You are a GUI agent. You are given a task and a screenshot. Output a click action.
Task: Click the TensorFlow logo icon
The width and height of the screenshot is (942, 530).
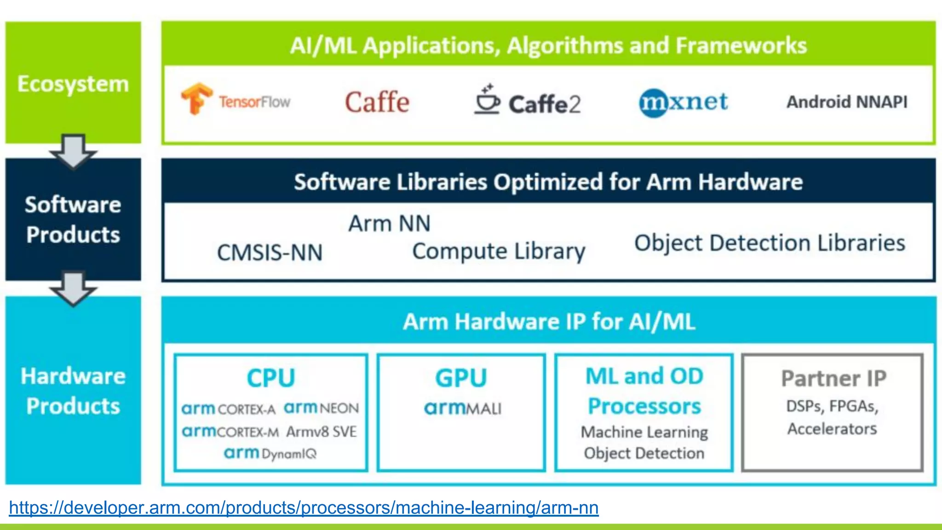coord(196,98)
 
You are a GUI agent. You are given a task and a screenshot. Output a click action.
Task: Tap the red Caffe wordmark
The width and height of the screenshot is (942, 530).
coord(377,102)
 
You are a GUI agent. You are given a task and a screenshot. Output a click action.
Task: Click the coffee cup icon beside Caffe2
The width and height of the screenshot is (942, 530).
coord(487,99)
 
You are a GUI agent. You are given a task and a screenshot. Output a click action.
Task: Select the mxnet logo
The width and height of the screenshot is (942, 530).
coord(684,102)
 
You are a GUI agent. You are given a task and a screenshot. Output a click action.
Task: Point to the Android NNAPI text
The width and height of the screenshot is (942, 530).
coord(847,102)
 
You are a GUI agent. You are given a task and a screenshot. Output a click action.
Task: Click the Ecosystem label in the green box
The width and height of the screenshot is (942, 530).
coord(73,84)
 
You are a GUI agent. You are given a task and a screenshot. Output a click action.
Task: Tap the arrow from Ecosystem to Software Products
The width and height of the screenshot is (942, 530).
coord(73,151)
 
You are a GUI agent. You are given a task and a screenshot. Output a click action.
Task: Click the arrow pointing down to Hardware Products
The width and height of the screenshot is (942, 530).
coord(73,288)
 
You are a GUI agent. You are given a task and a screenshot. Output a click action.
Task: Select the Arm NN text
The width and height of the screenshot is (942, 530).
coord(389,224)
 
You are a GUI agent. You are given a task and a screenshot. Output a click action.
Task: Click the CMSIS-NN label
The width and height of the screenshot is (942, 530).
coord(270,253)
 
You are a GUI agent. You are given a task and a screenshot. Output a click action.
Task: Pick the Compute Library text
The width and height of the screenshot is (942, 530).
coord(499,251)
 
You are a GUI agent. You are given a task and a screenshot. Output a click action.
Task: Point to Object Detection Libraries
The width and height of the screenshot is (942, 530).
coord(770,243)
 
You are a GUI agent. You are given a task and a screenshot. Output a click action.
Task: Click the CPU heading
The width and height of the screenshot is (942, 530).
coord(271,378)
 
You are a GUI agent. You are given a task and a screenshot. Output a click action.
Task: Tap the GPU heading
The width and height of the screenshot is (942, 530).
coord(461,378)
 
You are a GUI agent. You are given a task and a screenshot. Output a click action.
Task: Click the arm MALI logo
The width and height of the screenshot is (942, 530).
coord(462,408)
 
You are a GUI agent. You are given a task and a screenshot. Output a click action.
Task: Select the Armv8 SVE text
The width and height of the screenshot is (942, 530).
coord(321,432)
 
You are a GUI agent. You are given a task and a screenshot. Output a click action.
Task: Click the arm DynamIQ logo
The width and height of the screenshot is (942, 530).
coord(270,454)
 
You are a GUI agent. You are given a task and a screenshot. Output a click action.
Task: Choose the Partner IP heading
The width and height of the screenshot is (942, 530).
coord(833,379)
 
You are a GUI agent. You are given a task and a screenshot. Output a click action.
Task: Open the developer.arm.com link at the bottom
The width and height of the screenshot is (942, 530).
coord(304,508)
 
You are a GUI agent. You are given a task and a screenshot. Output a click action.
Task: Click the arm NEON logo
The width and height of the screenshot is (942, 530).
coord(321,408)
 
